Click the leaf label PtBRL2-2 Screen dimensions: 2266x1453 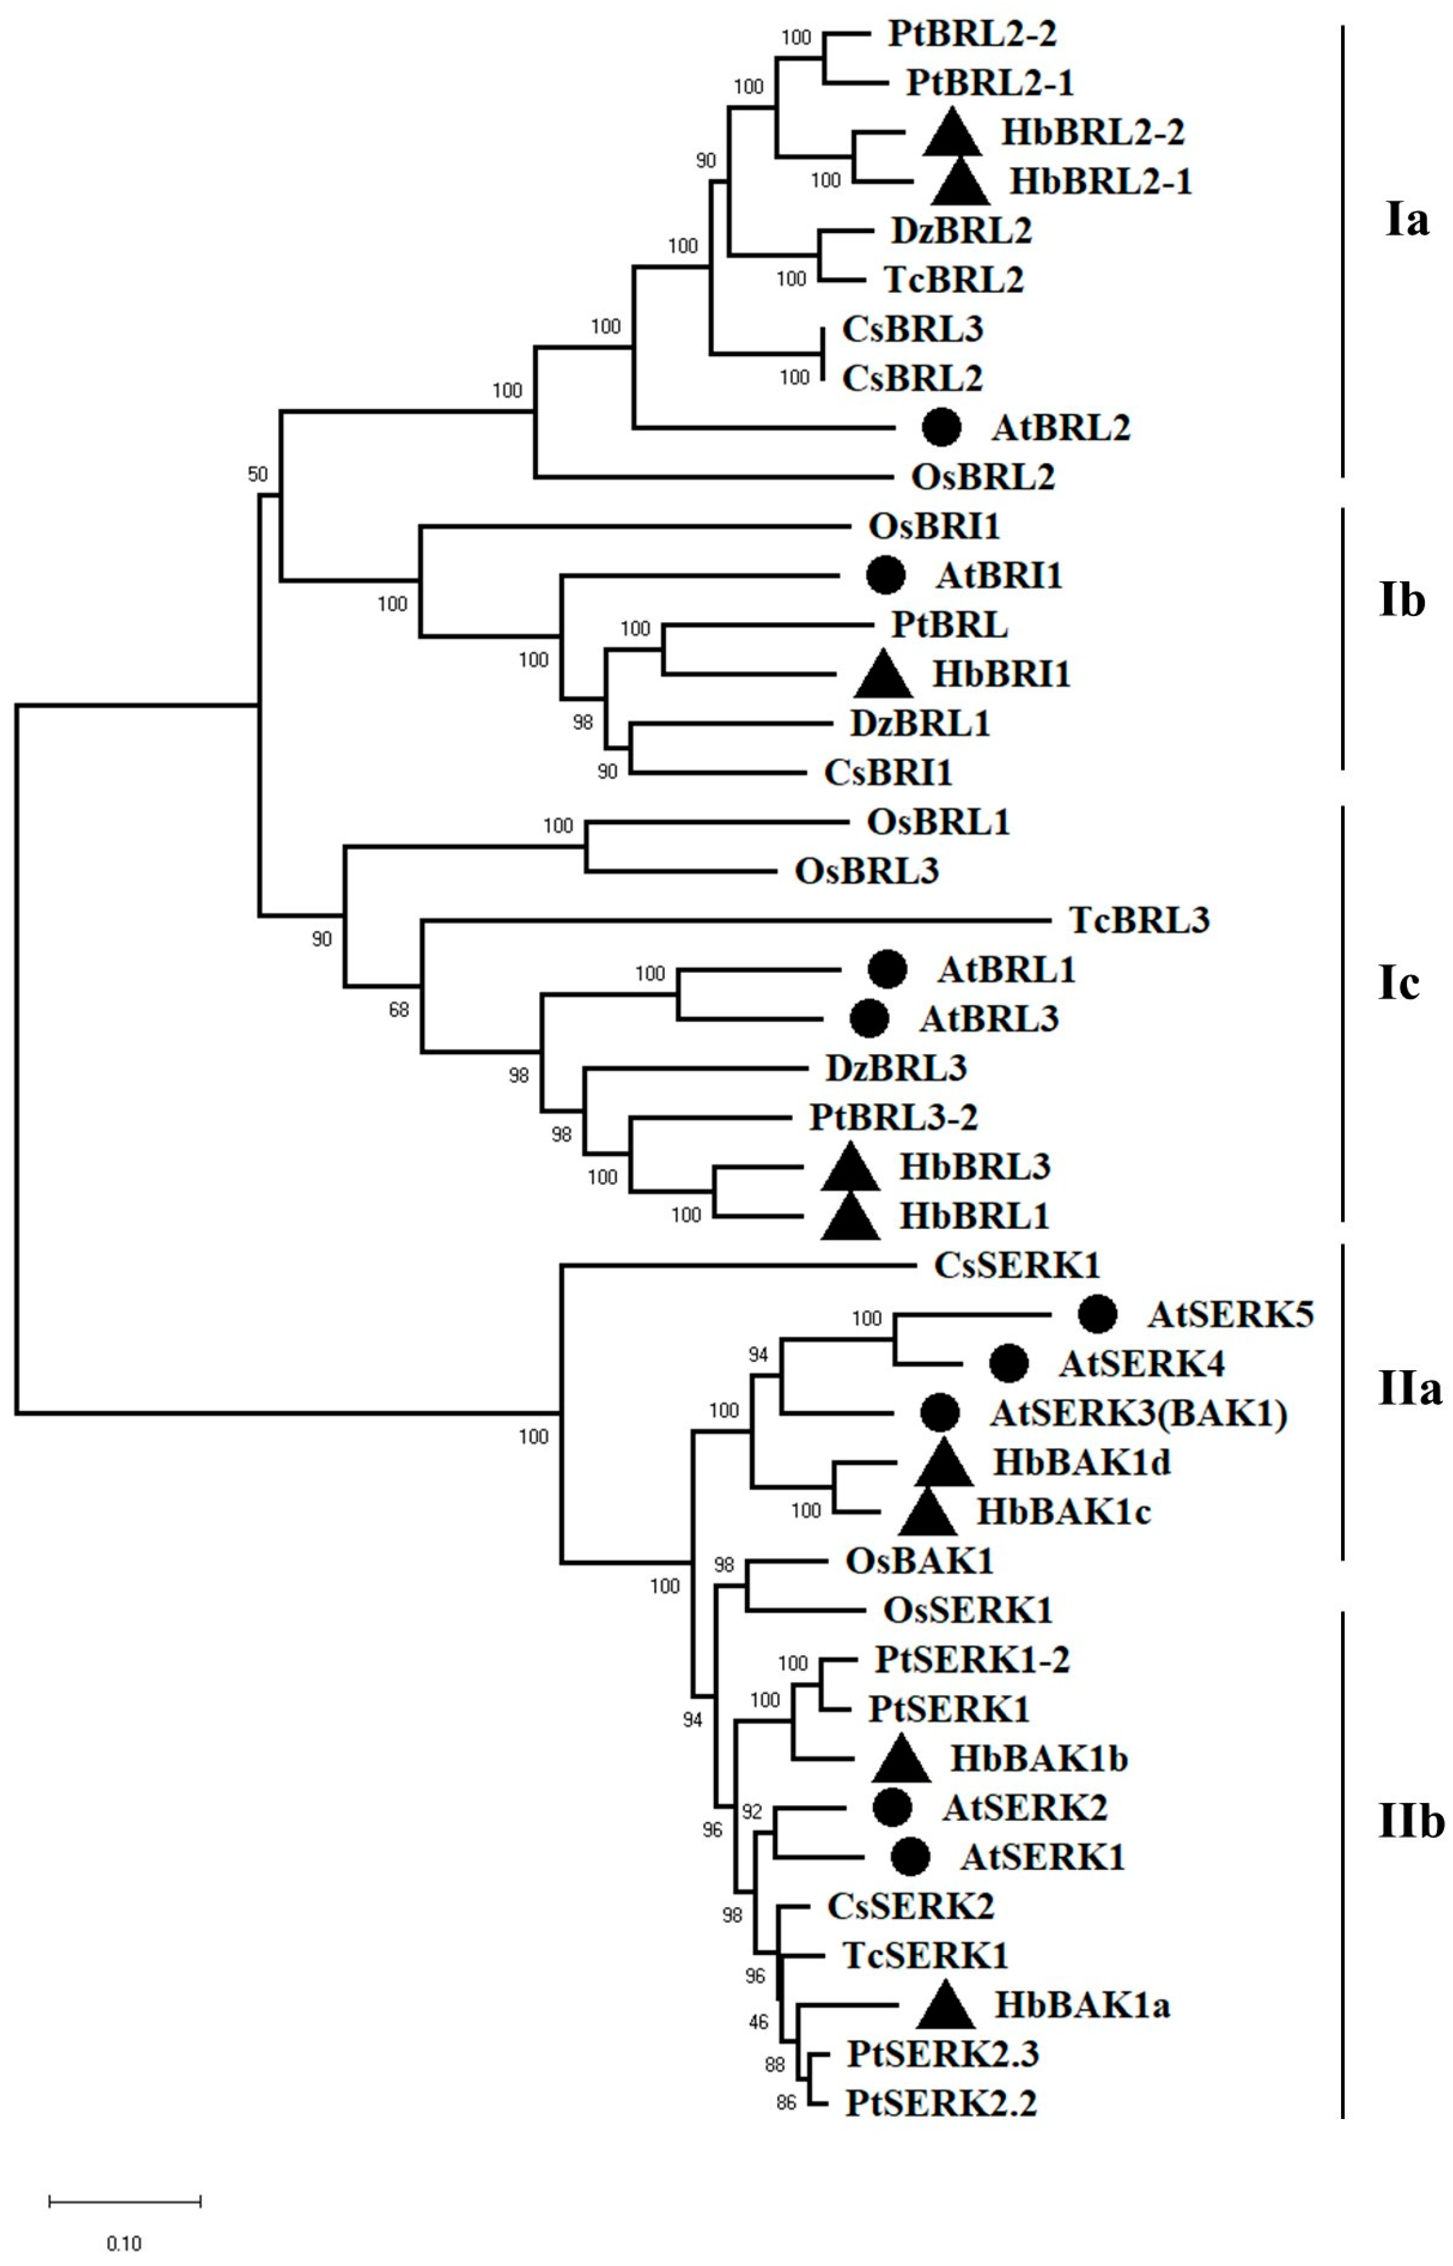972,35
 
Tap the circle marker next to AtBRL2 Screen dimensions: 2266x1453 941,427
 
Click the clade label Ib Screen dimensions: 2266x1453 1402,601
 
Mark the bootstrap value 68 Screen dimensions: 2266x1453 399,1010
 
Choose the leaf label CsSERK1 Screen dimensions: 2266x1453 1017,1265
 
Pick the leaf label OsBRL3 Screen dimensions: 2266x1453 866,870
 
